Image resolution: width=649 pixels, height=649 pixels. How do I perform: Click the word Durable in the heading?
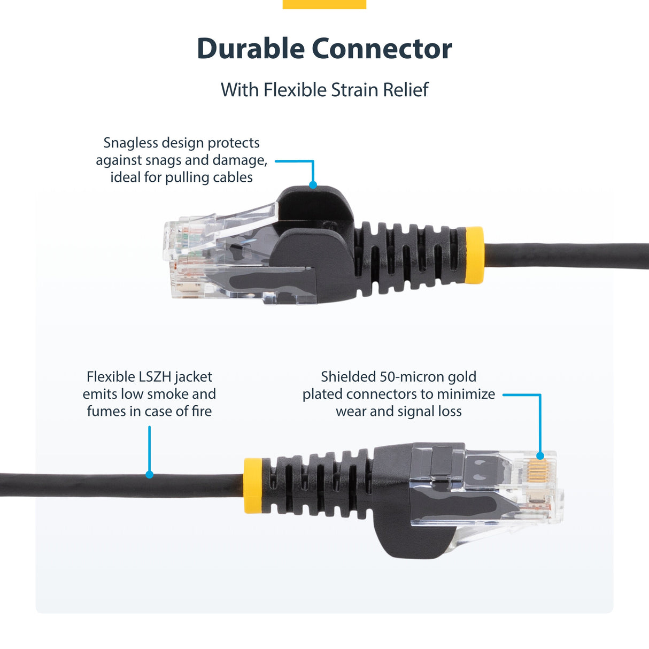point(251,49)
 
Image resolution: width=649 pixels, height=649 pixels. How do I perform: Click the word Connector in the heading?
point(382,49)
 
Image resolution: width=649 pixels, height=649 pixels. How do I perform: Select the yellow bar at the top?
point(324,4)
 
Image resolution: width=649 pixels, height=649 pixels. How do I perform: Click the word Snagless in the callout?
point(130,143)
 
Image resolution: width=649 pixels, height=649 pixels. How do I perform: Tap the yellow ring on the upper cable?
point(474,255)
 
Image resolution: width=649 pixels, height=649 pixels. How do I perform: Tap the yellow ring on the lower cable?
point(253,486)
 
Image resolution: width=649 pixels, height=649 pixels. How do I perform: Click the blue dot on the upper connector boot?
point(313,185)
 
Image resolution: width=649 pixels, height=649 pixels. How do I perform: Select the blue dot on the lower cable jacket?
point(150,474)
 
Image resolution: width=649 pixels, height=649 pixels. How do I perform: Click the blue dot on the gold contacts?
point(540,456)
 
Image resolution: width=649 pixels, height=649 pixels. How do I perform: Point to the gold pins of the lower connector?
point(537,471)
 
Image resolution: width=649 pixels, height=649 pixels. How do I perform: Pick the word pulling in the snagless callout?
point(186,177)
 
